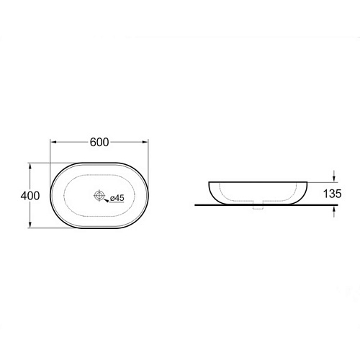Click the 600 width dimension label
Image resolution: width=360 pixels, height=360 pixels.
99,142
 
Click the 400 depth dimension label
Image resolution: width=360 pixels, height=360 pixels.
30,196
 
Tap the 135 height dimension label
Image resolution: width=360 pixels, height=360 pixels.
332,194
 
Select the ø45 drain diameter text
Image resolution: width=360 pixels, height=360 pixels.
117,198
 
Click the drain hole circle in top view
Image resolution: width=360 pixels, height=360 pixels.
99,195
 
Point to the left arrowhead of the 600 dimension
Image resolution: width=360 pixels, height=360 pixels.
53,142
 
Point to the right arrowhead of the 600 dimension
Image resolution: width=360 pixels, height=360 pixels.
145,142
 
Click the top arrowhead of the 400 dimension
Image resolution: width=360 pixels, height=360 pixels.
30,166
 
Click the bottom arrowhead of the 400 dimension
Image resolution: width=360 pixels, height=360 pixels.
30,225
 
